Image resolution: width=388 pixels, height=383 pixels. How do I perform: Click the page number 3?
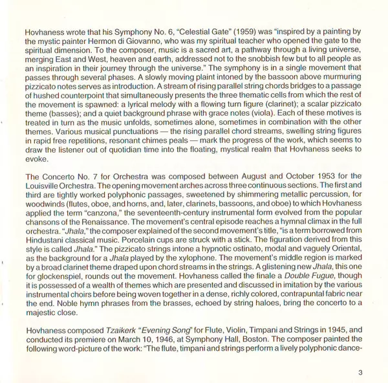(x=361, y=372)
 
